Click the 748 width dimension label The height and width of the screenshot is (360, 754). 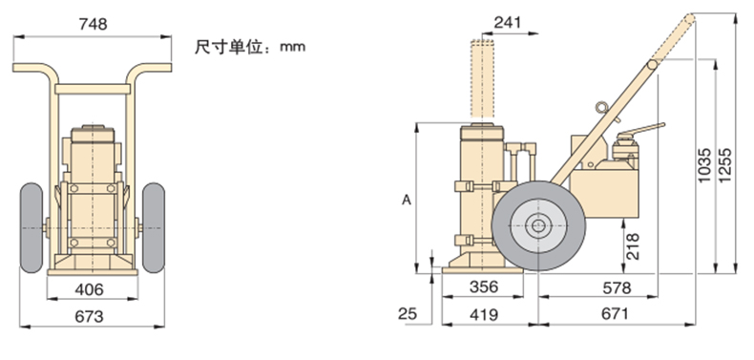click(93, 24)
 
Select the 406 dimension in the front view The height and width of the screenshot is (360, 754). click(89, 289)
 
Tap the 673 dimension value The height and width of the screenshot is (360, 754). click(89, 316)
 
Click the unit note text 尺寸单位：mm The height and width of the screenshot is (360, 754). click(250, 47)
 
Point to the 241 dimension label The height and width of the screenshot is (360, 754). click(507, 22)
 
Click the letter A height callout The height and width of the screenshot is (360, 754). click(407, 200)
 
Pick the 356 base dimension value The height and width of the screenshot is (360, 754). click(484, 286)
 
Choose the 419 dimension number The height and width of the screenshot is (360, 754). click(484, 314)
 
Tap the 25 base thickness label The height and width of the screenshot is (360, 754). click(408, 314)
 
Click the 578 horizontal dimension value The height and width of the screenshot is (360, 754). click(617, 287)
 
